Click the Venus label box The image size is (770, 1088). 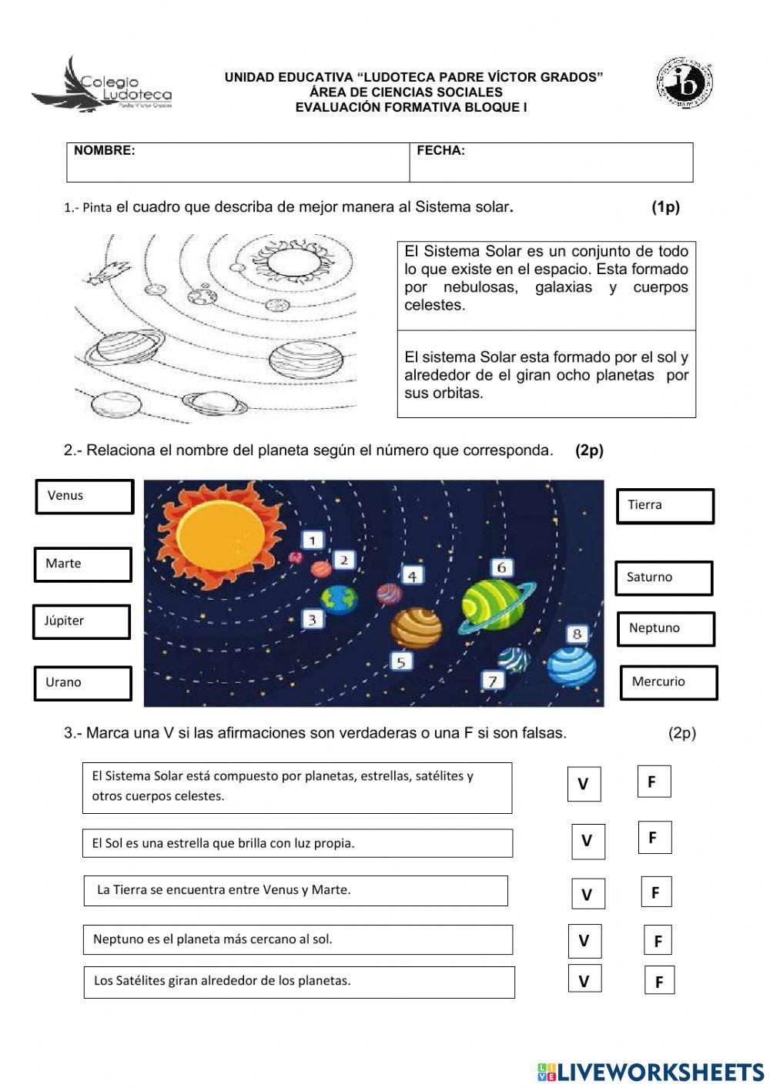(x=84, y=497)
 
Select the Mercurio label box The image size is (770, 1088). (x=668, y=682)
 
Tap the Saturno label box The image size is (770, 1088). (x=664, y=577)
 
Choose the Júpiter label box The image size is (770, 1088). (x=82, y=621)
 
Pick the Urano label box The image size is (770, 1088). (x=83, y=683)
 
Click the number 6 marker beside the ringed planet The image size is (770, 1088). (x=501, y=567)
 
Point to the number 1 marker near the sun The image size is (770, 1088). (x=313, y=541)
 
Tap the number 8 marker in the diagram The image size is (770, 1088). (x=577, y=634)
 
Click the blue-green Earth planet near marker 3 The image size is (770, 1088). (x=340, y=599)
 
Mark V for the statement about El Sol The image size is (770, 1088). (x=588, y=841)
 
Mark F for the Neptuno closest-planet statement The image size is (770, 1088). (x=658, y=941)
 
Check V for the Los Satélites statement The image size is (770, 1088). (x=584, y=980)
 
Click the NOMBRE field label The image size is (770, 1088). (x=105, y=151)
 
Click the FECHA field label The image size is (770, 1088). (x=440, y=151)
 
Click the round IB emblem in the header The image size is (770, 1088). (x=683, y=82)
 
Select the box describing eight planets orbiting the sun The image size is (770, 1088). (x=546, y=375)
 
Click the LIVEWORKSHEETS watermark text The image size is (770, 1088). (x=651, y=1071)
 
